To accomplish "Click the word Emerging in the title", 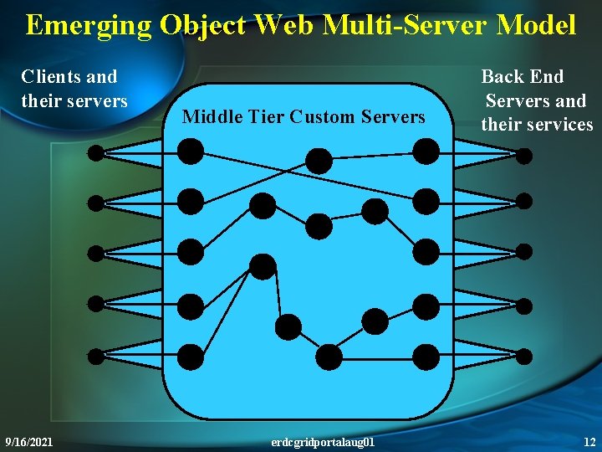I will point(88,26).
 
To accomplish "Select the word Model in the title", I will point(537,26).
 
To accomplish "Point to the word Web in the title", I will point(283,26).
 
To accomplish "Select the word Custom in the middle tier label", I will point(322,117).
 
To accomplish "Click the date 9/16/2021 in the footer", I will point(28,441).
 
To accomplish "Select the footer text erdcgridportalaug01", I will point(324,441).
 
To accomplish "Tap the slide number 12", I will point(589,441).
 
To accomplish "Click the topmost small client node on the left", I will point(96,153).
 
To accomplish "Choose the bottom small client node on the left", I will point(96,356).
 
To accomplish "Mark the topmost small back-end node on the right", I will point(523,155).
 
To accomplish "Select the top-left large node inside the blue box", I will point(191,151).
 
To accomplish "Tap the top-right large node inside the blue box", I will point(426,151).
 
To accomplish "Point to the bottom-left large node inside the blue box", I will point(191,357).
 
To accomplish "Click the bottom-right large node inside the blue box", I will point(426,357).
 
